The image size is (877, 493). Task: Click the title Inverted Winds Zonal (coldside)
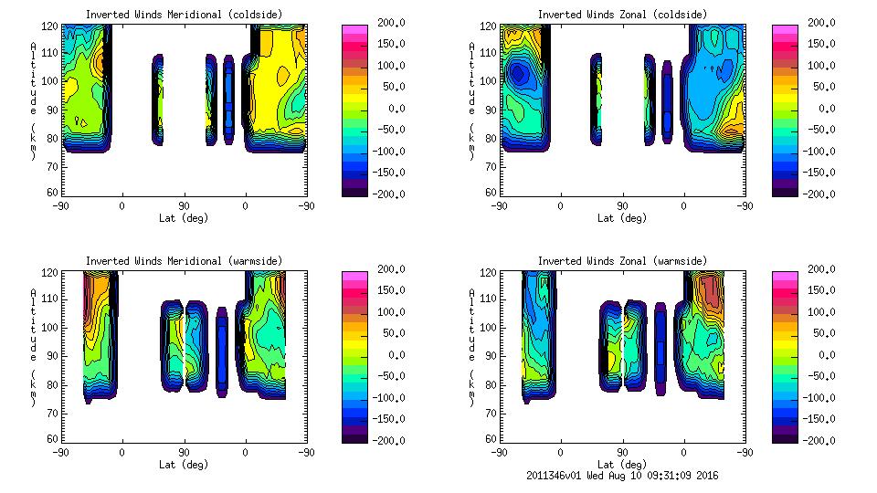[x=622, y=15]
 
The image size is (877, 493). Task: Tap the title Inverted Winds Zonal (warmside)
[x=622, y=261]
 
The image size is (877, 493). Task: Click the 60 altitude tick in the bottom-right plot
[x=489, y=439]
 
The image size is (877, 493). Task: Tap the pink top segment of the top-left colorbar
[x=354, y=29]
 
